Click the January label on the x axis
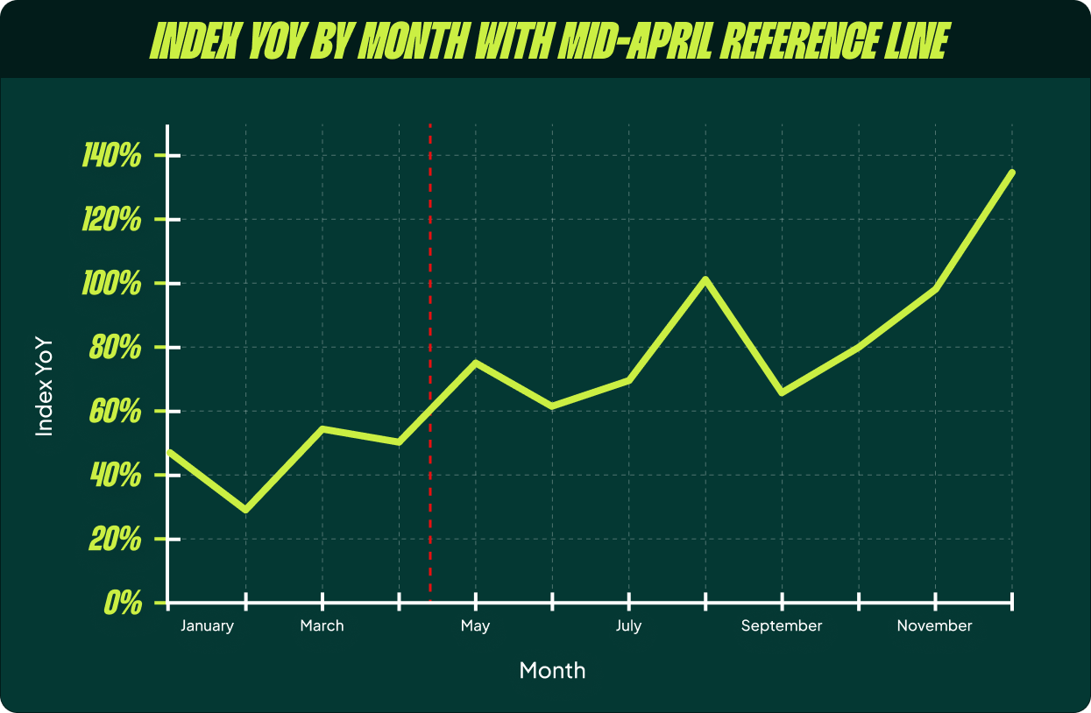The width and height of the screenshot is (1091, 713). click(x=208, y=626)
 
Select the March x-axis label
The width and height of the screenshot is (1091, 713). click(x=322, y=626)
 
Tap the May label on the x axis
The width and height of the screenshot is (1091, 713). click(x=476, y=626)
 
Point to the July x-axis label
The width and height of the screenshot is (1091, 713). click(x=628, y=626)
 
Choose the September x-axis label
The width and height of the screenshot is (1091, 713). click(x=782, y=626)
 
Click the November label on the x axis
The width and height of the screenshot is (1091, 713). click(x=934, y=626)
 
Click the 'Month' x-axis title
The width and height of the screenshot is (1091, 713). click(x=552, y=671)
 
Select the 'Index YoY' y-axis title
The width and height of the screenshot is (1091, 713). click(x=45, y=386)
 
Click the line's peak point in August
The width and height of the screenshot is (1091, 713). click(x=705, y=279)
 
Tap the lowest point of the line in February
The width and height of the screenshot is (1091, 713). click(x=245, y=510)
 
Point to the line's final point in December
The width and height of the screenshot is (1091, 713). click(x=1012, y=173)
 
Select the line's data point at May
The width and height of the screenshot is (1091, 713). click(x=476, y=363)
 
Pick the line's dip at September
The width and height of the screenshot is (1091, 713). click(x=782, y=392)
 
